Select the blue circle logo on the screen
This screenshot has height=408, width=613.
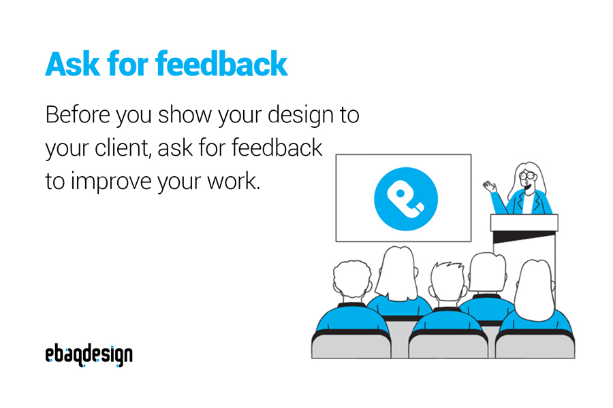[406, 199]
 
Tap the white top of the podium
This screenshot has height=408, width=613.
[524, 222]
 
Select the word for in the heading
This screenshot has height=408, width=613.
[125, 64]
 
